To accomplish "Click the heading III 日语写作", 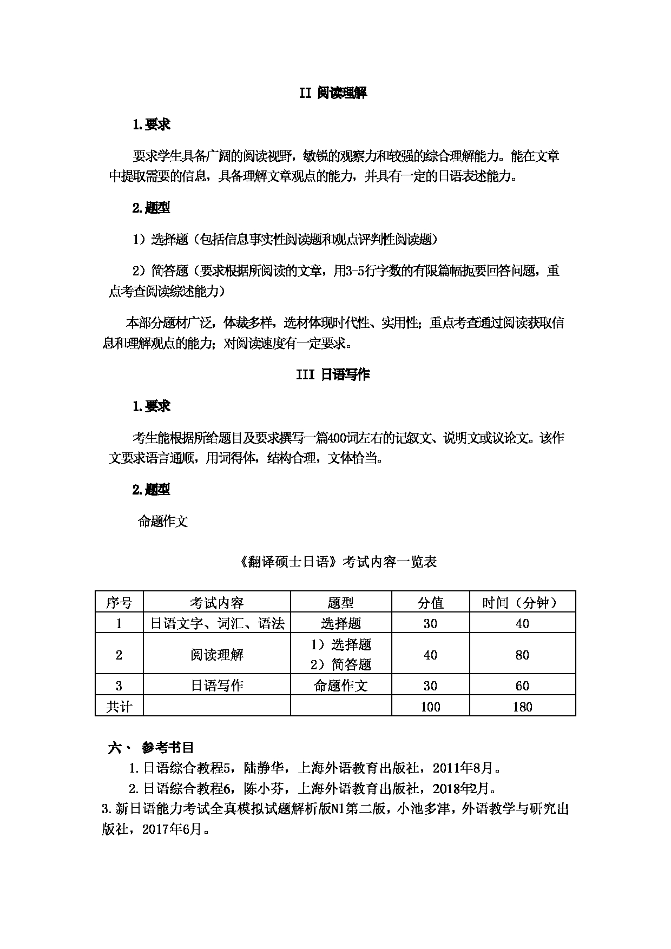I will pos(333,374).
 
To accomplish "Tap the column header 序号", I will pos(119,602).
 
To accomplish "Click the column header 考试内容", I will pos(216,602).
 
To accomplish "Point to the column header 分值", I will pos(430,602).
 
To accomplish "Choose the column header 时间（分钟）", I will pos(522,602).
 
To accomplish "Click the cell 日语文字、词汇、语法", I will pos(216,623).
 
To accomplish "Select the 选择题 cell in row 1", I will pos(340,623).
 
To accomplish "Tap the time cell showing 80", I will pos(522,655).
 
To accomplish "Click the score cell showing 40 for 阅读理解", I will pos(430,655).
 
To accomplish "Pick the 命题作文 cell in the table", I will pos(340,686).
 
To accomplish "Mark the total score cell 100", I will pos(430,707).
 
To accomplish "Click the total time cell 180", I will pos(522,707).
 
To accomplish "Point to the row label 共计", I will pos(119,707).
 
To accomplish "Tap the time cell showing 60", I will pos(522,686).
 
